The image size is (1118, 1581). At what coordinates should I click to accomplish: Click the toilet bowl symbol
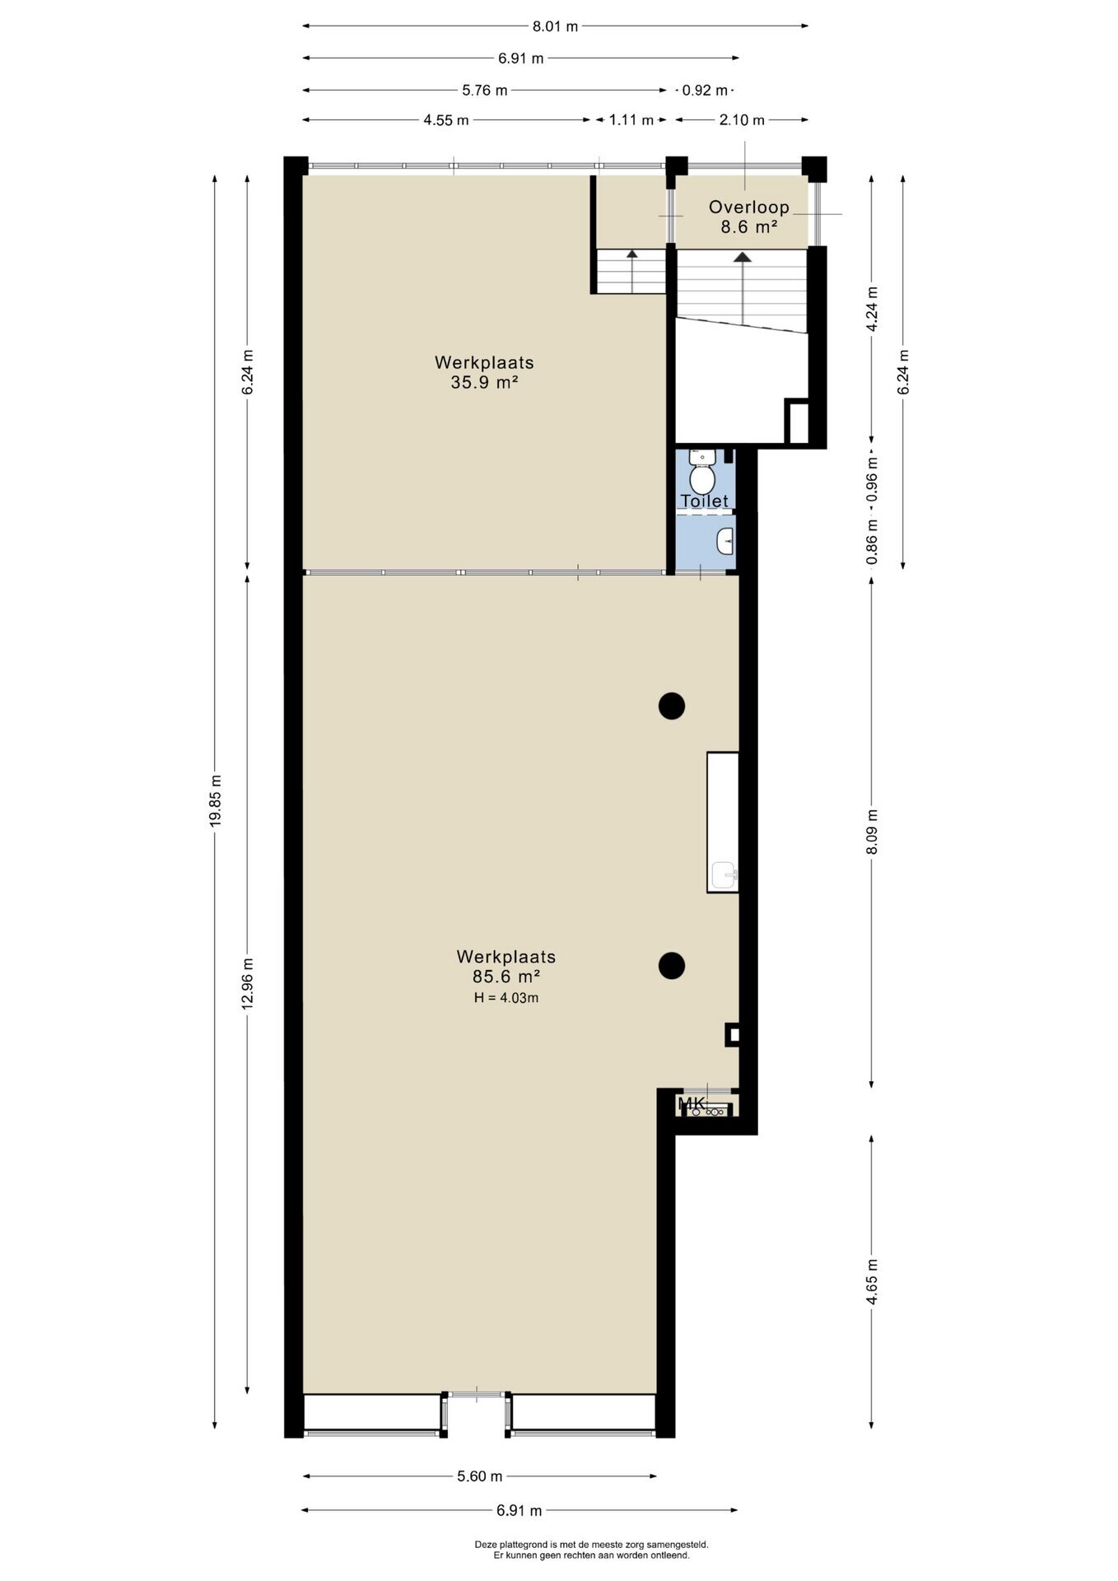pyautogui.click(x=701, y=473)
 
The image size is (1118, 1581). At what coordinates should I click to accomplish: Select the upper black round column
pyautogui.click(x=672, y=706)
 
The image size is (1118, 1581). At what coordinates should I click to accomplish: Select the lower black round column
pyautogui.click(x=672, y=965)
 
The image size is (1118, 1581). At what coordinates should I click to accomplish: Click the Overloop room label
pyautogui.click(x=749, y=208)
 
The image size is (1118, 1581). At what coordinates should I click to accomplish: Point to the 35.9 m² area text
pyautogui.click(x=484, y=382)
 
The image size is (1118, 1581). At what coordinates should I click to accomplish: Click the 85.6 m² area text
pyautogui.click(x=506, y=977)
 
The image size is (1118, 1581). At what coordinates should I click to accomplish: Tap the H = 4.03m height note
pyautogui.click(x=506, y=998)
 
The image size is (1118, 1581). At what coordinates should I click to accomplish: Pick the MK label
pyautogui.click(x=692, y=1103)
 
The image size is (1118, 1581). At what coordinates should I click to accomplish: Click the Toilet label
pyautogui.click(x=705, y=501)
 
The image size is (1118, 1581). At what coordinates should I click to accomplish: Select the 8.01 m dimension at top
pyautogui.click(x=556, y=26)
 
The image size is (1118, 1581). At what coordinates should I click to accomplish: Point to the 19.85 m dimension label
pyautogui.click(x=215, y=801)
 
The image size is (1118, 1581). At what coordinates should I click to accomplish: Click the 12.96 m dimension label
pyautogui.click(x=248, y=984)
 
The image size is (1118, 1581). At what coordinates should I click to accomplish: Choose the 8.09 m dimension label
pyautogui.click(x=872, y=832)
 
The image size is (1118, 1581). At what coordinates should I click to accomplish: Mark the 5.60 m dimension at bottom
pyautogui.click(x=480, y=1476)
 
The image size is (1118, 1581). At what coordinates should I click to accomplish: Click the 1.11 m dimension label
pyautogui.click(x=631, y=120)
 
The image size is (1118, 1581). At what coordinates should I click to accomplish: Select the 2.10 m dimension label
pyautogui.click(x=742, y=120)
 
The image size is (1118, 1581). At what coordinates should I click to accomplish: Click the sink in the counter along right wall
pyautogui.click(x=724, y=874)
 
